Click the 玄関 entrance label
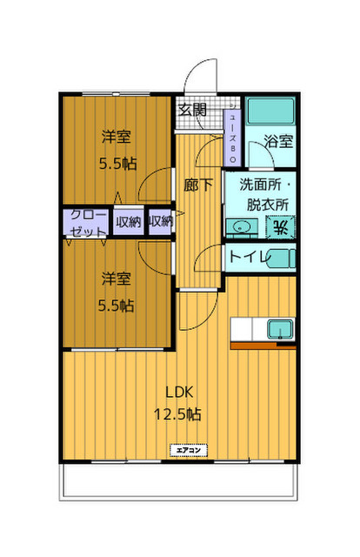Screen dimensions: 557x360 pyautogui.click(x=192, y=110)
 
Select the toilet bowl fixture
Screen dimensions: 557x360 pyautogui.click(x=281, y=258)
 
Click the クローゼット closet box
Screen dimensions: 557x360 pyautogui.click(x=87, y=223)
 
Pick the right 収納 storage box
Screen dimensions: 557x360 pyautogui.click(x=160, y=222)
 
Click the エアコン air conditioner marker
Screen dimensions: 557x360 pyautogui.click(x=188, y=450)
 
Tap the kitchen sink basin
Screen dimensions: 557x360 pyautogui.click(x=280, y=329)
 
